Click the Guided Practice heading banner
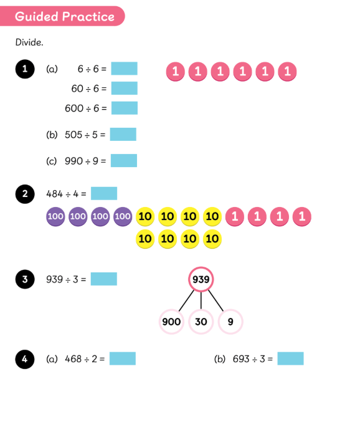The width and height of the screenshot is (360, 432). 62,16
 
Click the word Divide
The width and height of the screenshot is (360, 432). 29,42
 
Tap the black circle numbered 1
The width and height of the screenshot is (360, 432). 25,69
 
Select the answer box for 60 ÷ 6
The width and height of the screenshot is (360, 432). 125,88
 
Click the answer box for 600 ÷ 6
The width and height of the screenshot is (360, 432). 125,108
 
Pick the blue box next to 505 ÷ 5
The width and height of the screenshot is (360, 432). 123,134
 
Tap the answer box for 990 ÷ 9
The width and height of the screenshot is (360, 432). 124,160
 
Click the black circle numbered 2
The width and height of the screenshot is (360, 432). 25,194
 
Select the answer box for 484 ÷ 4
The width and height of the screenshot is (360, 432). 104,193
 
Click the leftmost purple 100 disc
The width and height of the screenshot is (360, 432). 55,216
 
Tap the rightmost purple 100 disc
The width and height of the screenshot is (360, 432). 123,216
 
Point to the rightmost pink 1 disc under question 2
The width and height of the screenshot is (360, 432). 302,216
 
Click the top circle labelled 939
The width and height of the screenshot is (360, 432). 201,279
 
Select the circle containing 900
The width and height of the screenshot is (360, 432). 171,322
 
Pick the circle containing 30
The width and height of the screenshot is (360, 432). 201,322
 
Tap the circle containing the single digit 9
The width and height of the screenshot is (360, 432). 230,322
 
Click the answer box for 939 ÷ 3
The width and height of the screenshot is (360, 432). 104,279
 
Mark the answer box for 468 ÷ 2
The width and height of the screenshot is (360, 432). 123,358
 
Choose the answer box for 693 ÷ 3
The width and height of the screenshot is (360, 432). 290,358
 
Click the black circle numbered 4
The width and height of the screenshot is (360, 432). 25,359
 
